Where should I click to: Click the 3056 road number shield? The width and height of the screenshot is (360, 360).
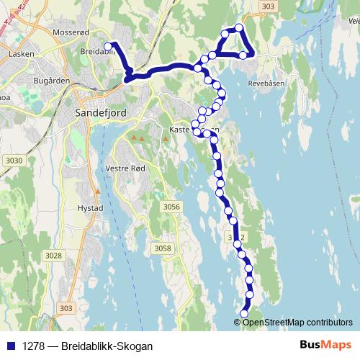(x=171, y=207)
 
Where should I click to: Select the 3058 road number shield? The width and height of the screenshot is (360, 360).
(x=162, y=248)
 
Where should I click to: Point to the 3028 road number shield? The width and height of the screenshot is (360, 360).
(x=53, y=255)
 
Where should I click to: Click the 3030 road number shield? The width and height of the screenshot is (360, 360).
(x=13, y=160)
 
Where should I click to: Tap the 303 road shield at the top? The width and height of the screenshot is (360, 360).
(x=268, y=6)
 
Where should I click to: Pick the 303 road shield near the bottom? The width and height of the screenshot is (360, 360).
(x=66, y=308)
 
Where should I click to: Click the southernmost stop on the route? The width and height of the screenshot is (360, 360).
(x=243, y=314)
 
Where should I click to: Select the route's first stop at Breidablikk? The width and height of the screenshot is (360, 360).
(x=108, y=47)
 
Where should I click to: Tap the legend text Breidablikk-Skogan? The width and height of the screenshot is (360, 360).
(x=107, y=346)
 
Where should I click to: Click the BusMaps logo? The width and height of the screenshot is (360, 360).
(x=325, y=345)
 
